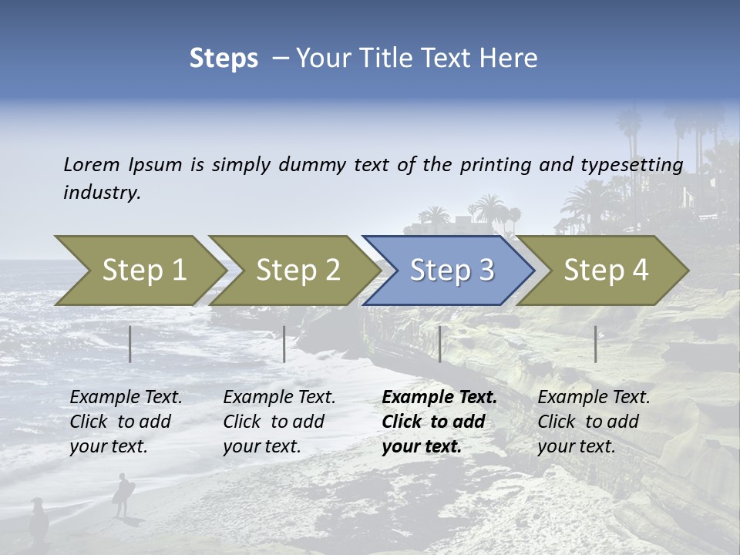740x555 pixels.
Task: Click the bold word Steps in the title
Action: (224, 59)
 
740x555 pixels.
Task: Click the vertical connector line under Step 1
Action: (130, 344)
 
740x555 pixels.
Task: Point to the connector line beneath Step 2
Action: (284, 344)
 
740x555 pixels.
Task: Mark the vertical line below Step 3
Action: (439, 344)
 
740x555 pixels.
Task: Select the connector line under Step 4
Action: (595, 344)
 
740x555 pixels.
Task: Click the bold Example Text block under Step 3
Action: (438, 422)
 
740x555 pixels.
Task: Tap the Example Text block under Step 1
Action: (125, 422)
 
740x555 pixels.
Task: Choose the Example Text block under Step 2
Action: (278, 422)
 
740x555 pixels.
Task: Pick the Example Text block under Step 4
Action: (593, 422)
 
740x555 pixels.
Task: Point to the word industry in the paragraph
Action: (102, 193)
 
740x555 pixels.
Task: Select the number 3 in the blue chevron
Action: (486, 271)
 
